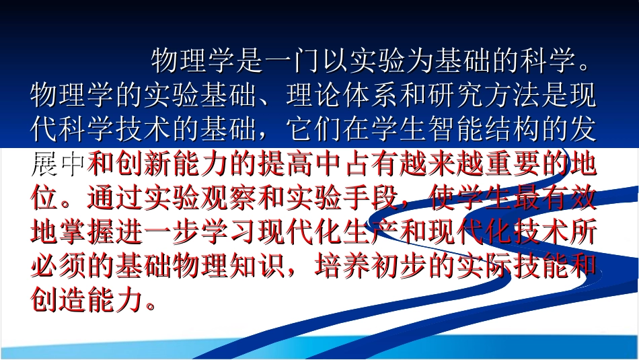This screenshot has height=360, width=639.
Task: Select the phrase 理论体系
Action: tap(342, 96)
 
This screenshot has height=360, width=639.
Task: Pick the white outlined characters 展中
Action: tap(59, 164)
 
